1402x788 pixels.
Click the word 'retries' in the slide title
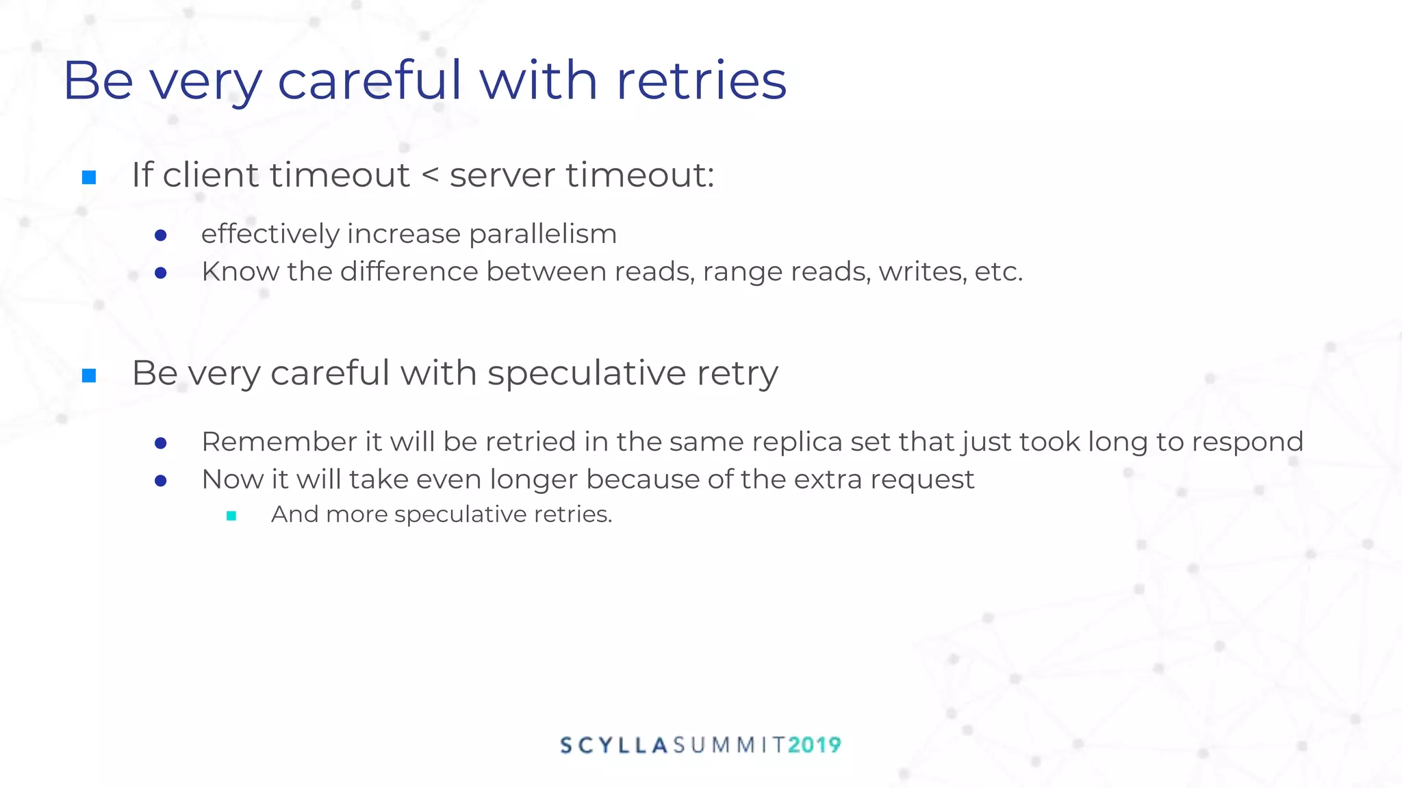(x=701, y=81)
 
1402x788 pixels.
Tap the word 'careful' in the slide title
(x=370, y=81)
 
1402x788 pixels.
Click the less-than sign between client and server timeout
(x=430, y=175)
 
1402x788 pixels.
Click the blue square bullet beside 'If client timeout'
(x=89, y=178)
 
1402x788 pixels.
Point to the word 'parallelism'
(x=543, y=235)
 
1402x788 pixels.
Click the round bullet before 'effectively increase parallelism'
(x=161, y=236)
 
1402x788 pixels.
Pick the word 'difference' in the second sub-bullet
(x=409, y=272)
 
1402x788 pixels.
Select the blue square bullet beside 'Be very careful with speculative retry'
(x=89, y=376)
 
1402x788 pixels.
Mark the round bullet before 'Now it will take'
(x=161, y=481)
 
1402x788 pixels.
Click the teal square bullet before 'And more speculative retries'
(x=231, y=516)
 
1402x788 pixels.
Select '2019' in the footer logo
(x=814, y=745)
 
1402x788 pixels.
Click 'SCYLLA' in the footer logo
(x=614, y=745)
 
